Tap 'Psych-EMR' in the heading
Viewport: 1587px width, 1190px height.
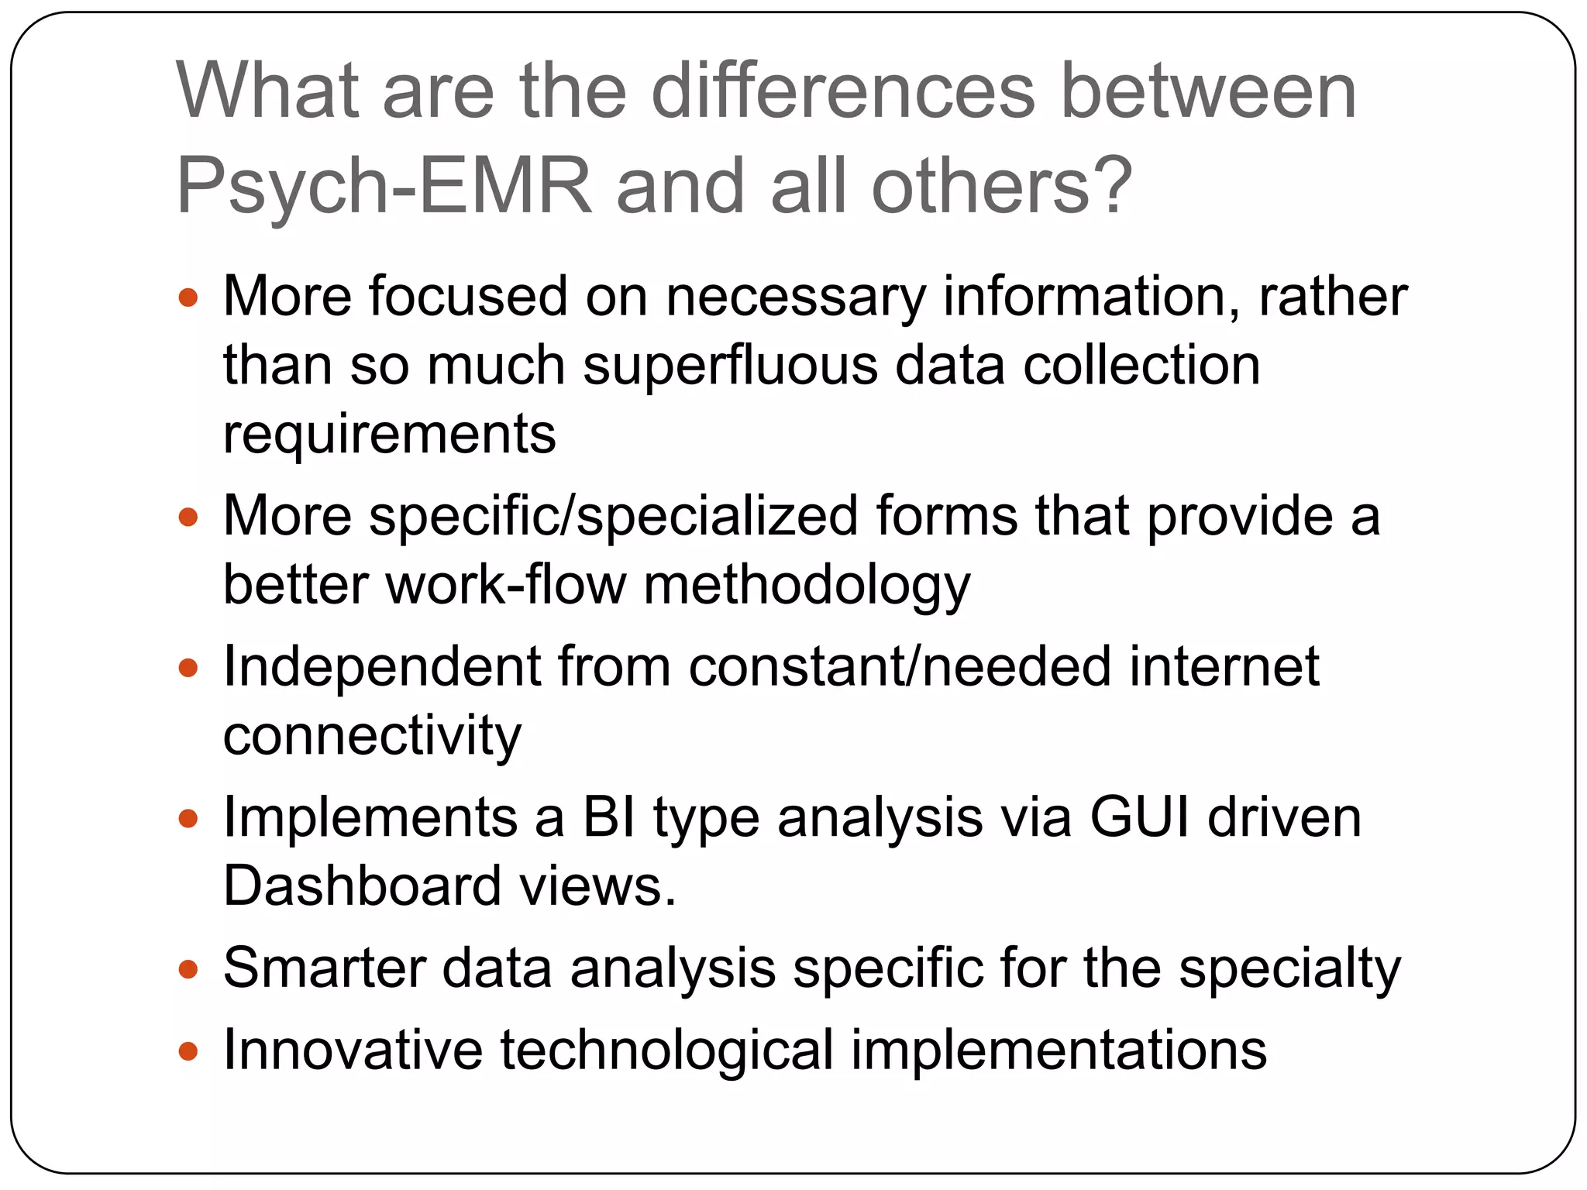coord(384,187)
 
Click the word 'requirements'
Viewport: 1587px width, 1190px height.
coord(390,435)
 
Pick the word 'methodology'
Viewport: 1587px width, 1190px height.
coord(807,585)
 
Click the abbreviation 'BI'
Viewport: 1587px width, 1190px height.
coord(609,817)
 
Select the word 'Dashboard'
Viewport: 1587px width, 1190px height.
coord(362,886)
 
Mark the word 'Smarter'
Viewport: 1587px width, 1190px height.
coord(324,968)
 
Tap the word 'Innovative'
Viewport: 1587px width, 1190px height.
coord(353,1050)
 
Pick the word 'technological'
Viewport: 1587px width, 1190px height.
coord(666,1051)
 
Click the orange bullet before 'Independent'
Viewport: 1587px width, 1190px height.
coord(188,668)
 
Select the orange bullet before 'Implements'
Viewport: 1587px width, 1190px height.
coord(188,819)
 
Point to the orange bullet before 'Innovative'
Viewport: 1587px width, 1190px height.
coord(188,1051)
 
